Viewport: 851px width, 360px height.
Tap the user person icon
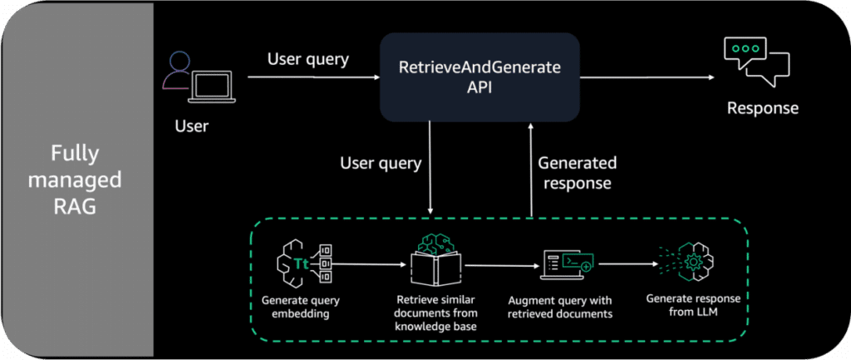pyautogui.click(x=176, y=70)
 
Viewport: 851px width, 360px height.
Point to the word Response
pyautogui.click(x=763, y=108)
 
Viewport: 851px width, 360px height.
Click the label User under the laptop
pyautogui.click(x=192, y=126)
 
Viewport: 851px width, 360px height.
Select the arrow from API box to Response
pyautogui.click(x=649, y=80)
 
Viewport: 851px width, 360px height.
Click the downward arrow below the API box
pyautogui.click(x=430, y=166)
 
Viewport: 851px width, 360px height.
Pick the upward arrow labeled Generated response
pyautogui.click(x=529, y=166)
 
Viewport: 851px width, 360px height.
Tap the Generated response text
pyautogui.click(x=577, y=173)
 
